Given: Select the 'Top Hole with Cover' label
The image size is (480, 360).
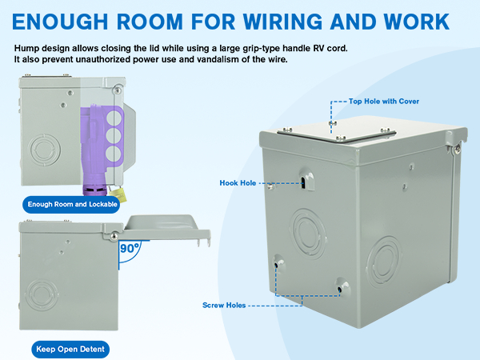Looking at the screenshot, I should (383, 102).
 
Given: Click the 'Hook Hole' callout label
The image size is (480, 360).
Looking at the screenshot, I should (238, 183).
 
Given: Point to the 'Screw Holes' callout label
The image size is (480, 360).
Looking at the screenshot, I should (224, 306).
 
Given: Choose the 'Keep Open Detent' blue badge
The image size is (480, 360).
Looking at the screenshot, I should (70, 350).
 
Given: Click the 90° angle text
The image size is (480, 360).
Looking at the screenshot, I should (128, 249).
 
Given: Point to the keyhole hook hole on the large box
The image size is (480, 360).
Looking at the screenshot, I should (305, 181).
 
